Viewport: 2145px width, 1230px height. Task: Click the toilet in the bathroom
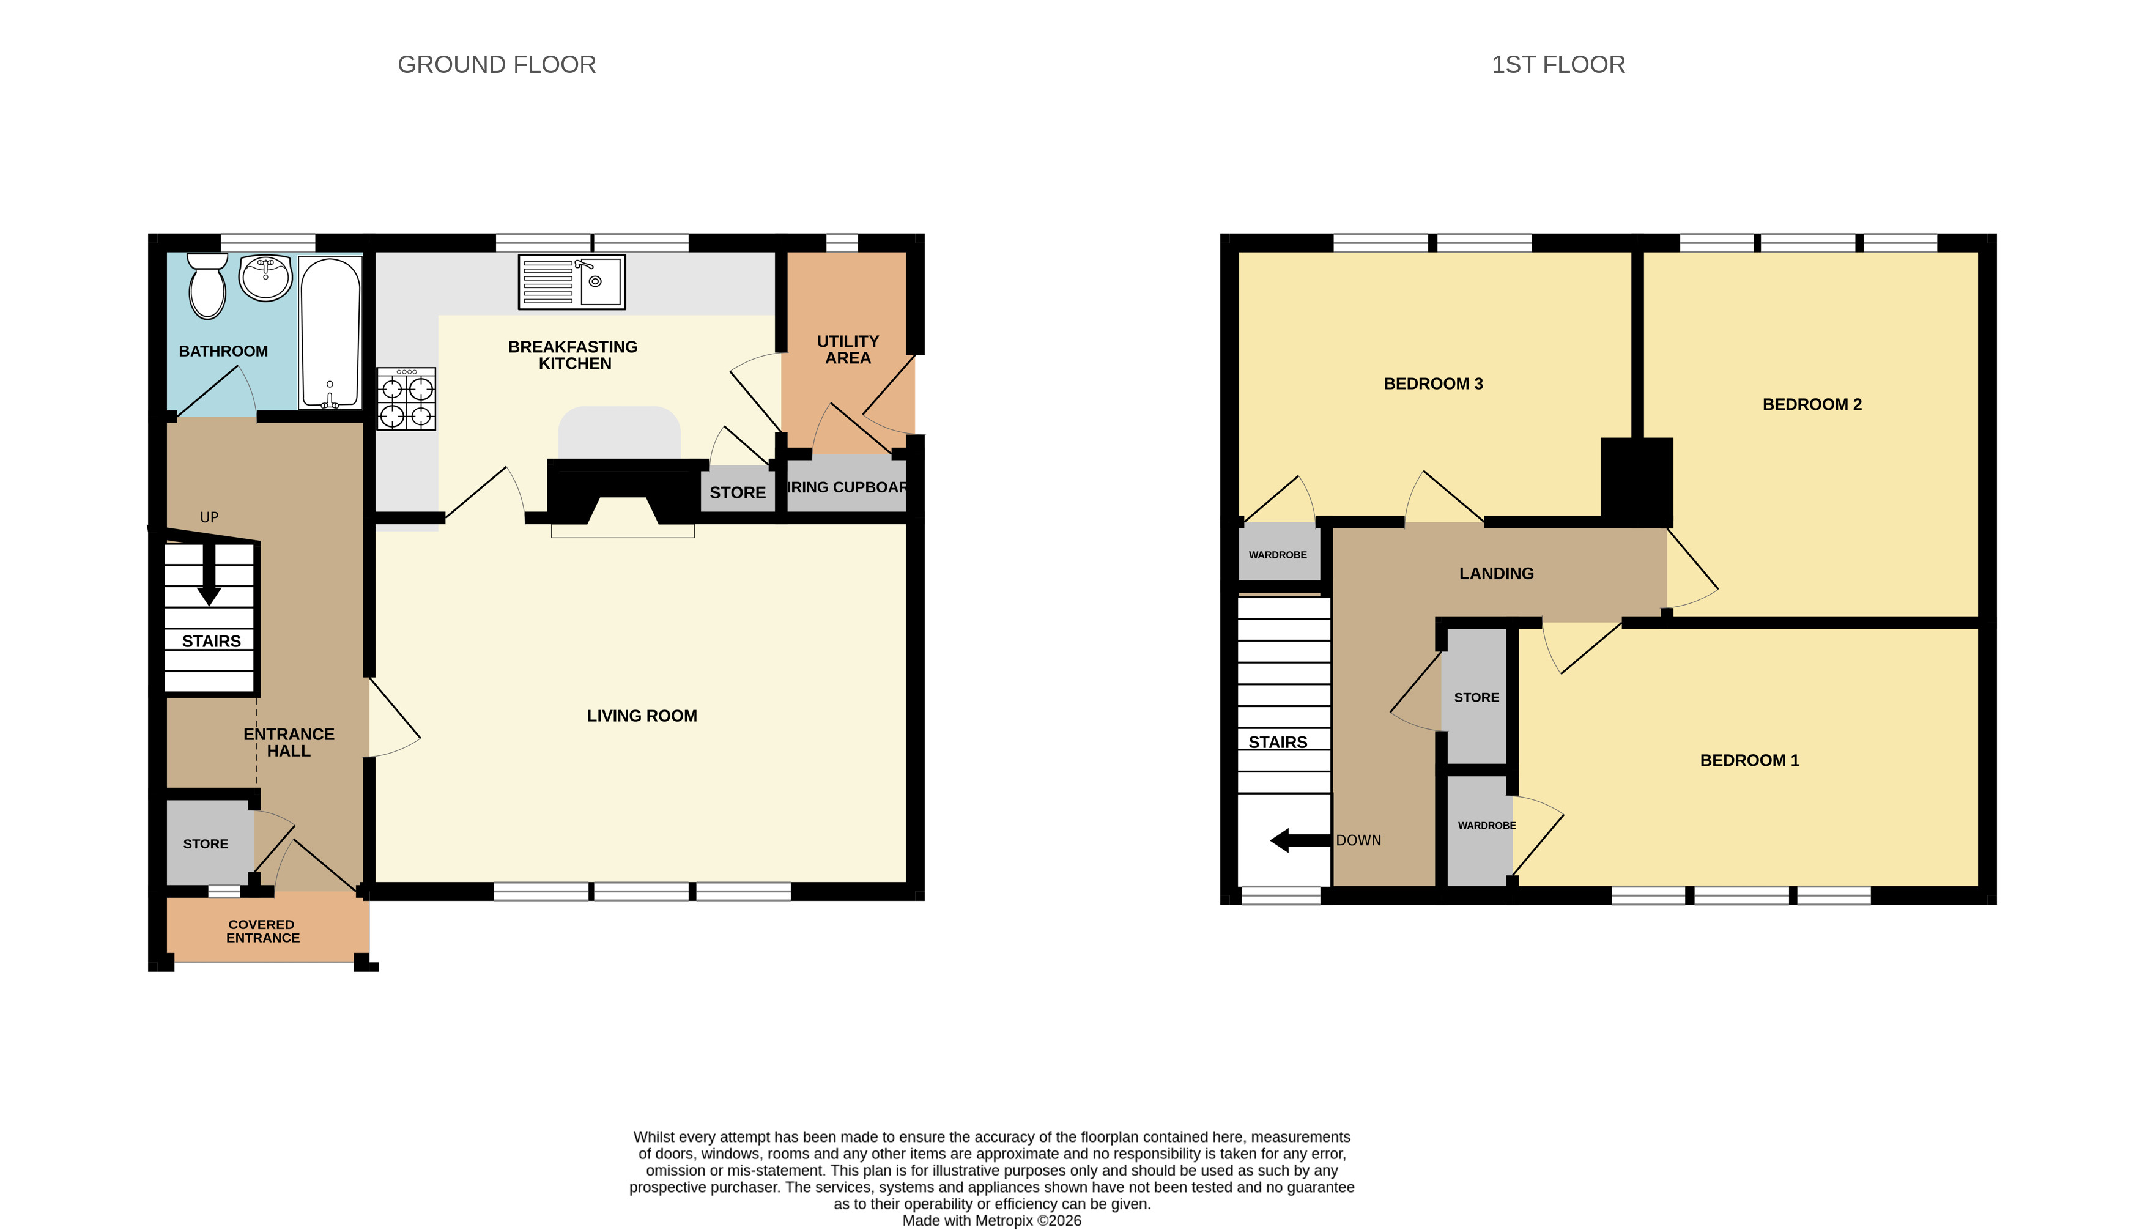point(207,286)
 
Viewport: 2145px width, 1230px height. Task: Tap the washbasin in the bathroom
point(265,278)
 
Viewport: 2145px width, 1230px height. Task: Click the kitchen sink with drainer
point(572,282)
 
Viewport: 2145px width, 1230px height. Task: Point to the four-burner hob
point(406,399)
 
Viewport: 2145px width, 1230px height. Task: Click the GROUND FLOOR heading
point(497,64)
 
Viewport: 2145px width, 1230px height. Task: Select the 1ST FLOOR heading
point(1558,64)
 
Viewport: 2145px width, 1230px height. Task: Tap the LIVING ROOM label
point(642,716)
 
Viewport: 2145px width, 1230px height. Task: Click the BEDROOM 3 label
point(1433,383)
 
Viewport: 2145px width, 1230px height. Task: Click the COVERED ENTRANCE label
point(262,931)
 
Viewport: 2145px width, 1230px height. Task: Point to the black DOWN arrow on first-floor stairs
point(1300,840)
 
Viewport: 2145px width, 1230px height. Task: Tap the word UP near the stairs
point(209,517)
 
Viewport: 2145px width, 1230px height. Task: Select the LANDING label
point(1497,574)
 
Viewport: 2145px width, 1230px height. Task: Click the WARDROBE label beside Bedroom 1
point(1486,825)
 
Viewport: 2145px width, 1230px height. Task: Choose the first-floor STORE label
point(1476,698)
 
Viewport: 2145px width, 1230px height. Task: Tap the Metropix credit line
point(991,1221)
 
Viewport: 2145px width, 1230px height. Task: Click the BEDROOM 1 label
point(1749,760)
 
